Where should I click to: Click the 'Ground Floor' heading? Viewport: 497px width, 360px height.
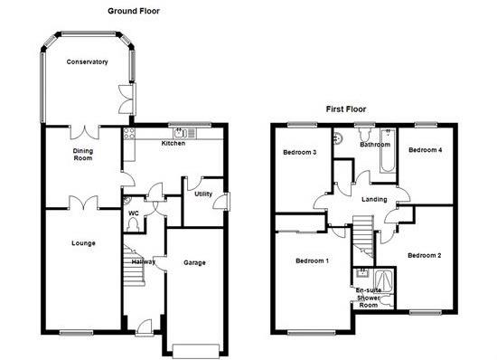(135, 11)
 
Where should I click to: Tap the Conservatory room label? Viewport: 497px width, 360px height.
(88, 62)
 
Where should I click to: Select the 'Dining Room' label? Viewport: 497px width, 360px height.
(83, 156)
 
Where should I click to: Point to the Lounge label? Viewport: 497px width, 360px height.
(83, 242)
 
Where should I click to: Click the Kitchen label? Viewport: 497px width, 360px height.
(173, 143)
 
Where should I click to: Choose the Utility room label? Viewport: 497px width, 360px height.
(202, 194)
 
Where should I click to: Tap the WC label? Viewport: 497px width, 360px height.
(133, 213)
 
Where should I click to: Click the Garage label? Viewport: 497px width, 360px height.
(195, 262)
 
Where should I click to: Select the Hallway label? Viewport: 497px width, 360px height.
(144, 262)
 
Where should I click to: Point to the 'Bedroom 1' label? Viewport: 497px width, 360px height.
(312, 261)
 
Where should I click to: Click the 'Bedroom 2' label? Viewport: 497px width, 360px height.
(423, 256)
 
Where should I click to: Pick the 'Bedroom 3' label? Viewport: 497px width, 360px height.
(299, 153)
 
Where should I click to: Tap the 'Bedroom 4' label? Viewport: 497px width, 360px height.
(426, 150)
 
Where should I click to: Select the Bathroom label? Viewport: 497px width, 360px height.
(374, 145)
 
